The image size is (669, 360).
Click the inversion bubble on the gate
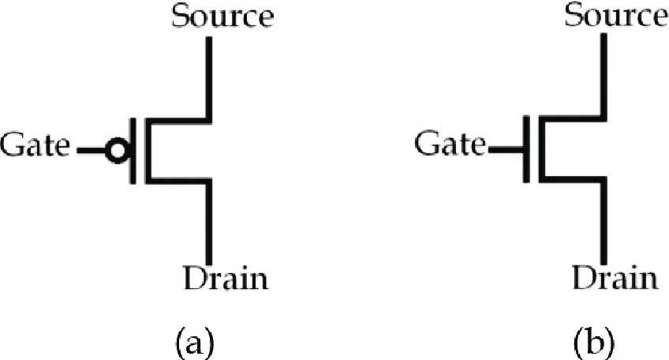click(117, 151)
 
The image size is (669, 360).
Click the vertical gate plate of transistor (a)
click(133, 151)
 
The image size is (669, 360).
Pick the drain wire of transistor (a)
click(209, 221)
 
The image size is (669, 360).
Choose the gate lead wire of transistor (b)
click(503, 148)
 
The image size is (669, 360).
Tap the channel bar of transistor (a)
click(147, 151)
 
